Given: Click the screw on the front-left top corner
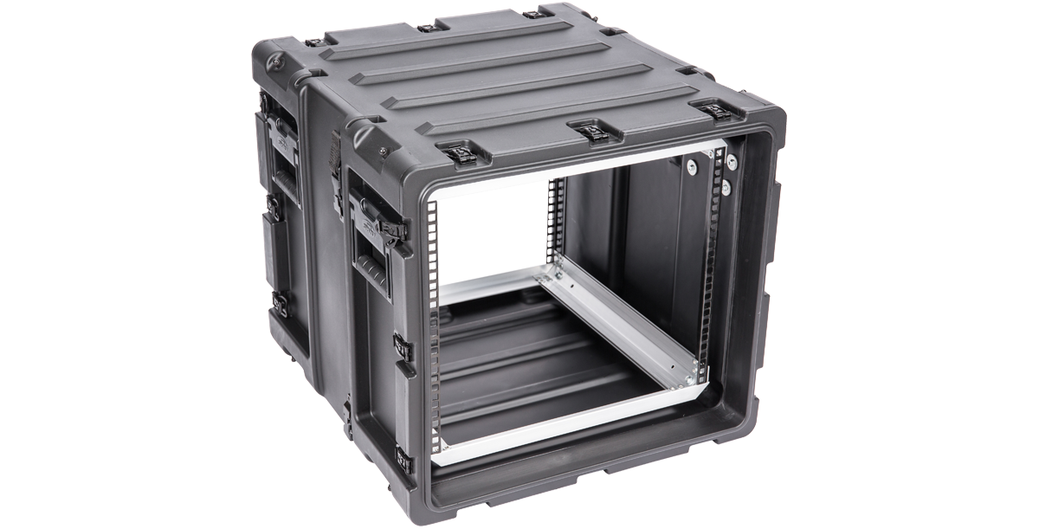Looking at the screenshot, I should point(383,152).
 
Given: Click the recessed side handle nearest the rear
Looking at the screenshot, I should point(286,173).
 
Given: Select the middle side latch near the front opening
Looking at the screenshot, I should point(402,347).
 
